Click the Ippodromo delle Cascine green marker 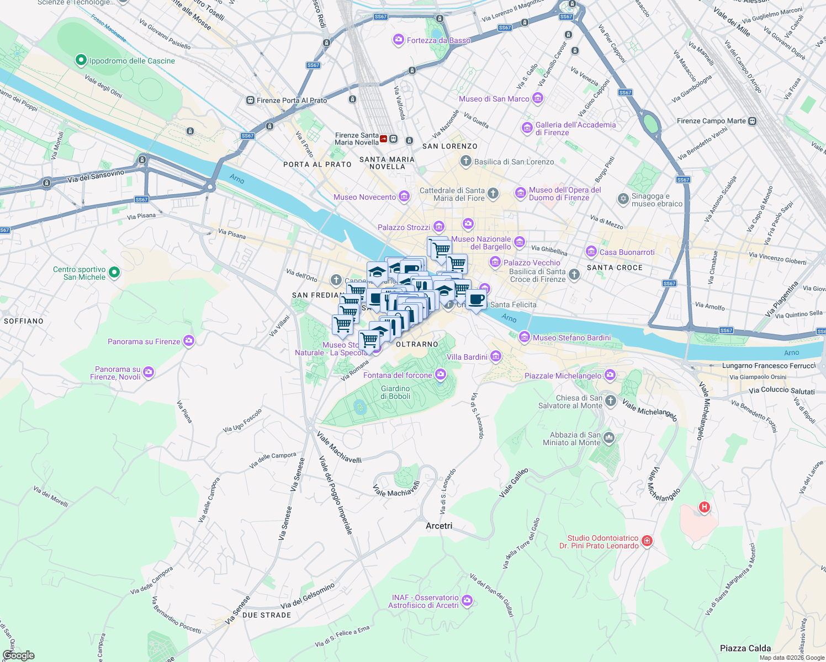pyautogui.click(x=81, y=60)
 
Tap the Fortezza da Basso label pyautogui.click(x=438, y=40)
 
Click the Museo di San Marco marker pyautogui.click(x=538, y=99)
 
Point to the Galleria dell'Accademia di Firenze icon pyautogui.click(x=527, y=129)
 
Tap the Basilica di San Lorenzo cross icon pyautogui.click(x=466, y=162)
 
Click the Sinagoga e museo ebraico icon pyautogui.click(x=623, y=199)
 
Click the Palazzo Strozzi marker pyautogui.click(x=439, y=227)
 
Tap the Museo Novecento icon pyautogui.click(x=404, y=196)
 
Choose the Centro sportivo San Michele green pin pyautogui.click(x=114, y=272)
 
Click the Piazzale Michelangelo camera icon pyautogui.click(x=610, y=375)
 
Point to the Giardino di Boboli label pyautogui.click(x=395, y=392)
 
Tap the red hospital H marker pyautogui.click(x=704, y=506)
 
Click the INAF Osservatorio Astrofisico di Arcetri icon pyautogui.click(x=467, y=600)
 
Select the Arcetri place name pyautogui.click(x=439, y=526)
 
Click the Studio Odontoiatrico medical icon pyautogui.click(x=647, y=541)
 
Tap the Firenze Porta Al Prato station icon pyautogui.click(x=251, y=100)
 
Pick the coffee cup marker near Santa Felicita pyautogui.click(x=476, y=300)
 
